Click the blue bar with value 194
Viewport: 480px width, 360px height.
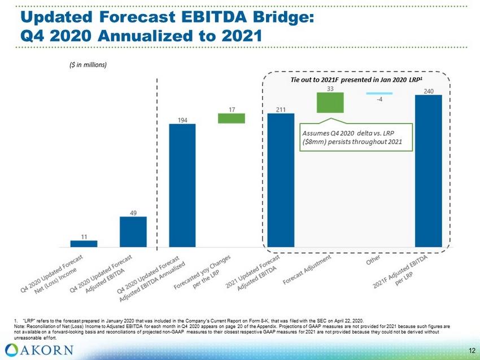[182, 185]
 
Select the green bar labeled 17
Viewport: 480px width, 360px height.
[231, 118]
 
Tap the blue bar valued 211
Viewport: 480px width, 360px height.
[281, 180]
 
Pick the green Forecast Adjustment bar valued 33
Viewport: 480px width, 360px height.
[330, 103]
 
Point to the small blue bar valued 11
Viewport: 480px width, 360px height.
[84, 244]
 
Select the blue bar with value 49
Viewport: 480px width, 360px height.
[133, 232]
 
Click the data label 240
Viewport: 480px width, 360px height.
[429, 90]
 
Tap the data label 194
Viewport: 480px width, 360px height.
[182, 120]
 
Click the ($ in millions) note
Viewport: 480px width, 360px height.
[83, 64]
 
